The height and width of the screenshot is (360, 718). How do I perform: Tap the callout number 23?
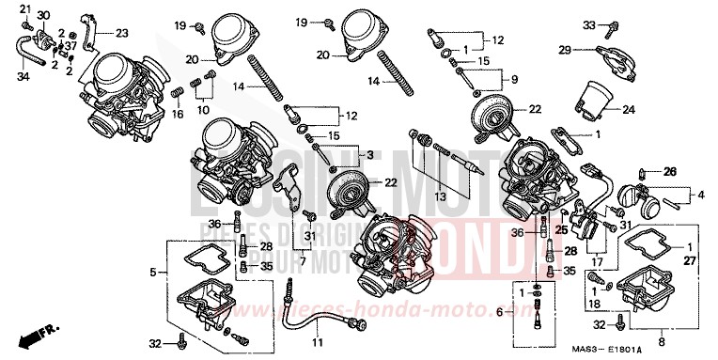121,33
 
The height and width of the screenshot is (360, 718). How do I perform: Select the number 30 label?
44,16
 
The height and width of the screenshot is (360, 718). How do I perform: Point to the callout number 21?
25,9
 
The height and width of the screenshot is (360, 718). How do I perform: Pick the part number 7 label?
303,259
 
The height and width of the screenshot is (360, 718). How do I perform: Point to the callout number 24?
628,109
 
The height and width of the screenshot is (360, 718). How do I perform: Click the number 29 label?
566,50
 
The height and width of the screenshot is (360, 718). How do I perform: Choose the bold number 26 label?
670,171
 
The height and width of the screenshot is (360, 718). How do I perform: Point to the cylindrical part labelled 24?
595,96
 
